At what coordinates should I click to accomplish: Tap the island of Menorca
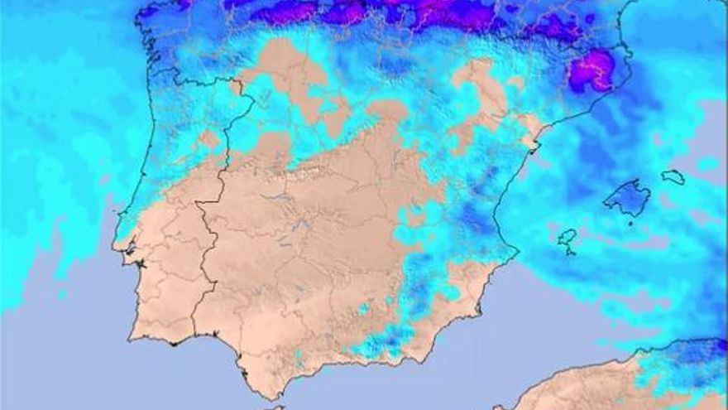(673, 176)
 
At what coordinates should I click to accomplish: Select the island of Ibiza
(567, 240)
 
